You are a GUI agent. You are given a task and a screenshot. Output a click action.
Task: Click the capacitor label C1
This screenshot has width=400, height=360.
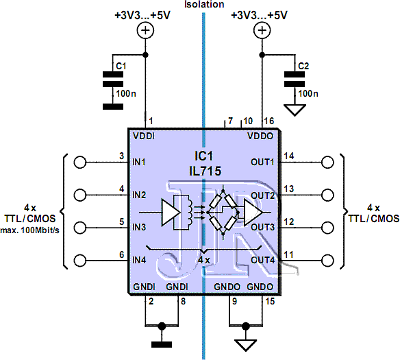[x=121, y=66]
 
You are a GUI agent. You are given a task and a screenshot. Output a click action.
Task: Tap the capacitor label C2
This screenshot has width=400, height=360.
[x=303, y=66]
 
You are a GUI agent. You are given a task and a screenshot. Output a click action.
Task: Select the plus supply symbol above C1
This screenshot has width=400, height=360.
[x=145, y=31]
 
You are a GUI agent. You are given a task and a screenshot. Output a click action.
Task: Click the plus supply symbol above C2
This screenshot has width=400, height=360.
[x=262, y=31]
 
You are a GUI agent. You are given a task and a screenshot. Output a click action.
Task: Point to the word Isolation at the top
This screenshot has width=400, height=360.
[x=204, y=4]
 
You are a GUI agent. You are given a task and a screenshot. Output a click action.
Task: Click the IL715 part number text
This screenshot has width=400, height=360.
[x=205, y=171]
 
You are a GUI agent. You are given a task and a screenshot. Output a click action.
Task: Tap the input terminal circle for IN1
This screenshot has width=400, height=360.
[x=80, y=163]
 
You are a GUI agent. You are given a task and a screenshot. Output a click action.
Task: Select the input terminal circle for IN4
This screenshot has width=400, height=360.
[x=80, y=261]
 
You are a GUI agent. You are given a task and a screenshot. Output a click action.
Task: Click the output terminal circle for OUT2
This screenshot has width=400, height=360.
[x=327, y=195]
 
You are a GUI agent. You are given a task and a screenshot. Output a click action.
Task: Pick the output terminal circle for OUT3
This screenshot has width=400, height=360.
[x=327, y=228]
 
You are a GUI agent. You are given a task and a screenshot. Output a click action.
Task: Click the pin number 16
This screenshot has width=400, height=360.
[x=269, y=121]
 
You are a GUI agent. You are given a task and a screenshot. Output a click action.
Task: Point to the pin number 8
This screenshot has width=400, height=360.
[x=183, y=301]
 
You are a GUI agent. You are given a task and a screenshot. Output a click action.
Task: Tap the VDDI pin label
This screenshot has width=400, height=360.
[x=144, y=136]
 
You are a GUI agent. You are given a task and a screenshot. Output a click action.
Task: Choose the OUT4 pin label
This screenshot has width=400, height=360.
[x=263, y=260]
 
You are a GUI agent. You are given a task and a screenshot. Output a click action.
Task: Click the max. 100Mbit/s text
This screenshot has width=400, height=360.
[x=30, y=230]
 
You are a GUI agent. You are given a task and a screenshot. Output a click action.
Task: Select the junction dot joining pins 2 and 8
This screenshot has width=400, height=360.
[x=162, y=326]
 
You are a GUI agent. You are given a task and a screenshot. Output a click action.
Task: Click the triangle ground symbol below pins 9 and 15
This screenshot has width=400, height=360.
[x=246, y=346]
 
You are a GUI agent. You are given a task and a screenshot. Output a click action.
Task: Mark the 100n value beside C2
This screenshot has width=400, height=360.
[x=308, y=94]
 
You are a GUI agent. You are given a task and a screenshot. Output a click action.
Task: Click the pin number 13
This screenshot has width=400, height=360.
[x=289, y=189]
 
